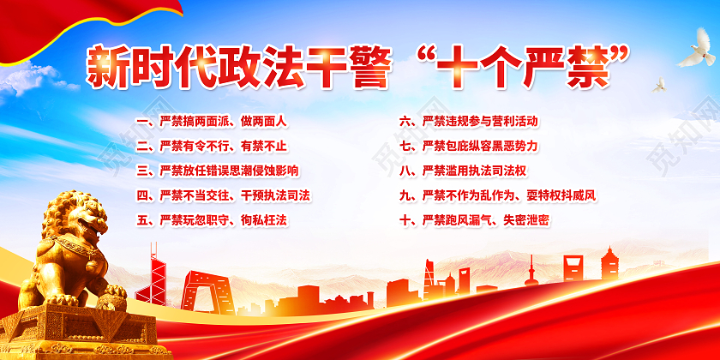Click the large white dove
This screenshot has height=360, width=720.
coord(695,49)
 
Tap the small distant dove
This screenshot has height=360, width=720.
coord(659,85)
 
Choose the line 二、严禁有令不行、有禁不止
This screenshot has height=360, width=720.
coord(213,146)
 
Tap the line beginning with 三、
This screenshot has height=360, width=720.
coord(219,171)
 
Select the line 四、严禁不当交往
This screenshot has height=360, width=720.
coord(224,195)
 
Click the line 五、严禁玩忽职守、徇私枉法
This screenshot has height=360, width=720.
coord(212,220)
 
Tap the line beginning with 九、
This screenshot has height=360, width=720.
coord(497,195)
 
